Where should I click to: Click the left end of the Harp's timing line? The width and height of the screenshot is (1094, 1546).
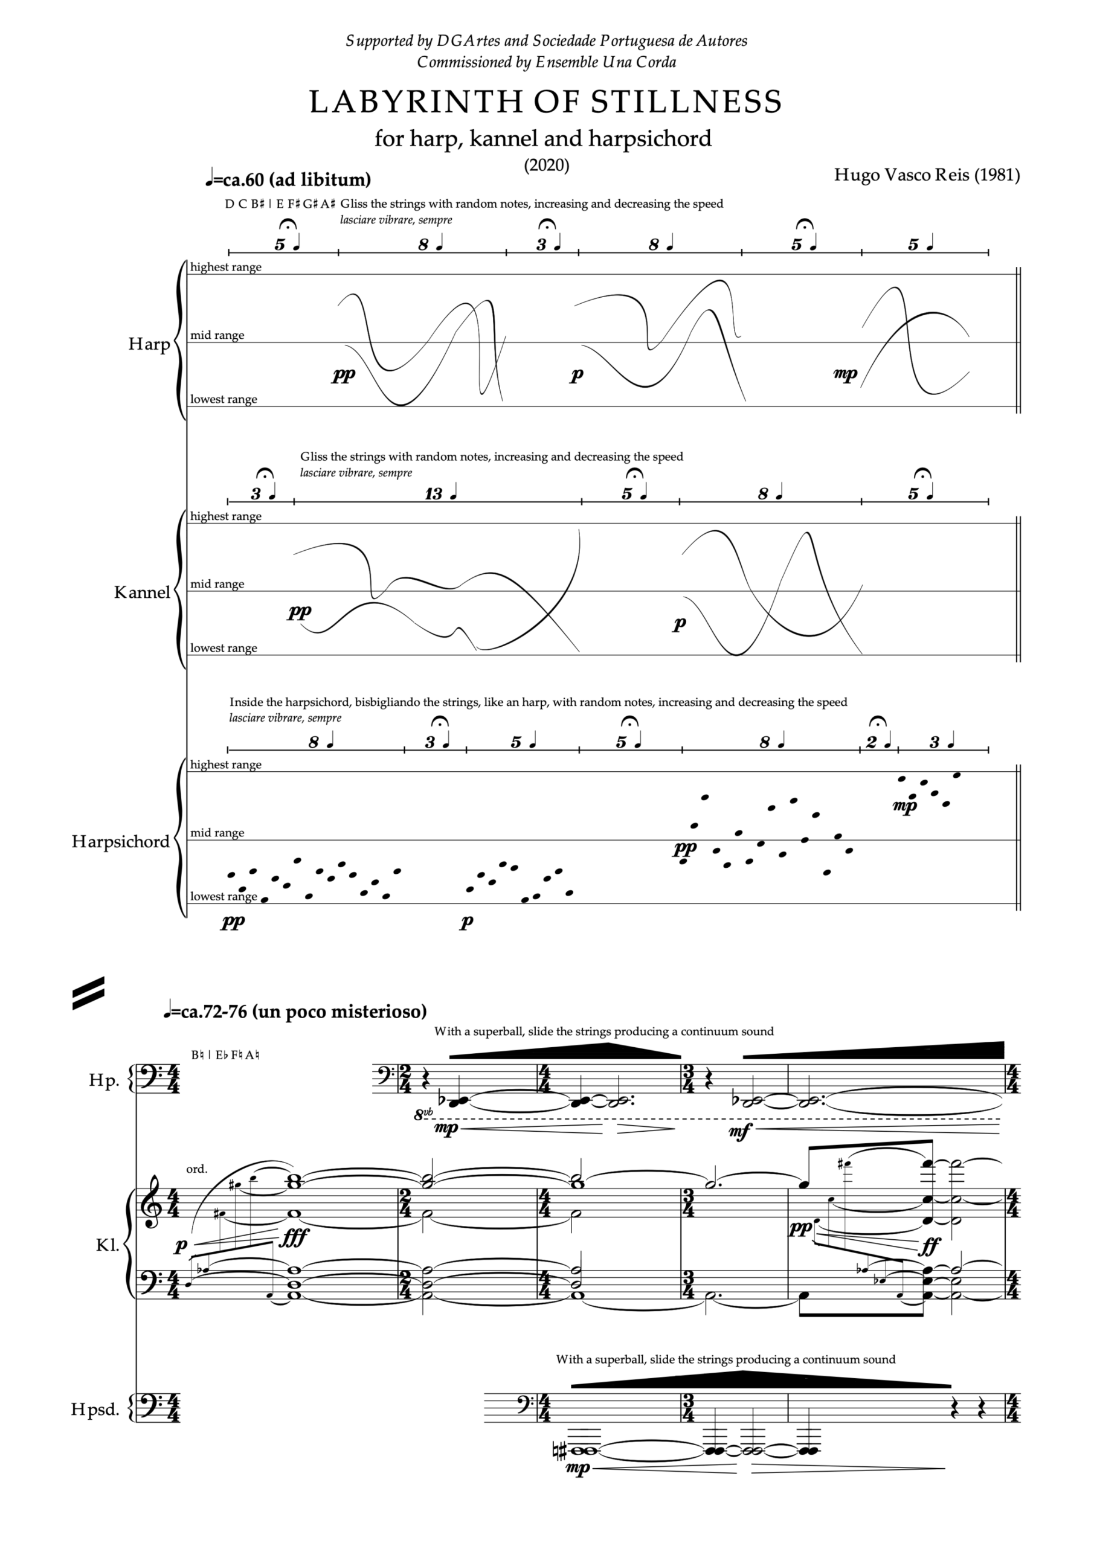229,252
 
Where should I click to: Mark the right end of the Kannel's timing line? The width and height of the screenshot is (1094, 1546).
988,501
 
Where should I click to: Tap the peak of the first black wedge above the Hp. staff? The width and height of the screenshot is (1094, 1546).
608,1044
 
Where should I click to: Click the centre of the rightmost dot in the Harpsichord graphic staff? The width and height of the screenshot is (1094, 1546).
957,775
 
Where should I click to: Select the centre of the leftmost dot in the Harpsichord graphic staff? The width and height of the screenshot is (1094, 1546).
231,874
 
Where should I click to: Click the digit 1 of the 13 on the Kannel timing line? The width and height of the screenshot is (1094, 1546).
429,494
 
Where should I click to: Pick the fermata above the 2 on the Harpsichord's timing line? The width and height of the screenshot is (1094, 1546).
877,722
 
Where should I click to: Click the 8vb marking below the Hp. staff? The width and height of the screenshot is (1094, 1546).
423,1114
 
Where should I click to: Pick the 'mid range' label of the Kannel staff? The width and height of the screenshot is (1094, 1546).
217,584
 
